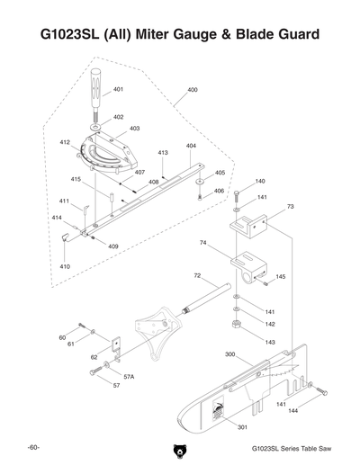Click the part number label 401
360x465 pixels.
point(118,90)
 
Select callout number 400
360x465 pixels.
point(193,91)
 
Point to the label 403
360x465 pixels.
point(134,129)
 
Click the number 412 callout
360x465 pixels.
point(65,142)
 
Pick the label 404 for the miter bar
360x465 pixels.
point(191,146)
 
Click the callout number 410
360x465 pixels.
point(65,267)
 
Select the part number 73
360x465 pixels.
point(290,207)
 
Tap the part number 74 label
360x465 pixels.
point(203,243)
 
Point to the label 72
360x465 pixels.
point(197,275)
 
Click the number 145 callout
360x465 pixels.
point(281,277)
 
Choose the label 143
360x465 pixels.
point(270,342)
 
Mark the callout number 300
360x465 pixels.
point(229,354)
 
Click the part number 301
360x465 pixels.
point(241,426)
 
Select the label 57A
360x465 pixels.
point(129,377)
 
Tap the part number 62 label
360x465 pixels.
point(94,357)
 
